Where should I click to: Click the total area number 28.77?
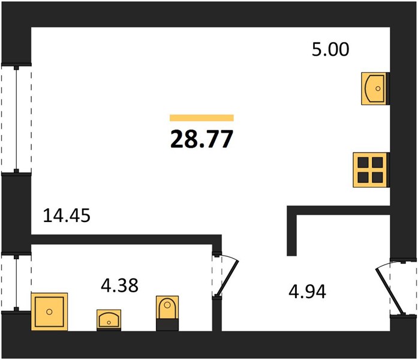point(202,139)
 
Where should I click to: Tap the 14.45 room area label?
point(67,215)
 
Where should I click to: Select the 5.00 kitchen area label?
point(330,49)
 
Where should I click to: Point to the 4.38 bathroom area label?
point(119,285)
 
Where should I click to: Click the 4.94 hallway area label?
point(307,292)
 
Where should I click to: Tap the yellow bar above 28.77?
point(202,118)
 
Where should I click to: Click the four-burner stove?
point(371,170)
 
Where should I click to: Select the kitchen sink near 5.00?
point(375,89)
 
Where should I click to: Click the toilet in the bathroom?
point(167,313)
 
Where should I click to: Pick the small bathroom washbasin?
point(109,320)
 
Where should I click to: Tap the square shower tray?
point(49,312)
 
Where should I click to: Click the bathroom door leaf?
point(227,278)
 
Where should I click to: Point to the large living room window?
point(16,119)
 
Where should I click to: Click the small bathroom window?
point(16,283)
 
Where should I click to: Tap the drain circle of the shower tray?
point(49,312)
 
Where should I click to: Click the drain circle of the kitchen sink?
point(378,89)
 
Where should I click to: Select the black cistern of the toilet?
point(167,325)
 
